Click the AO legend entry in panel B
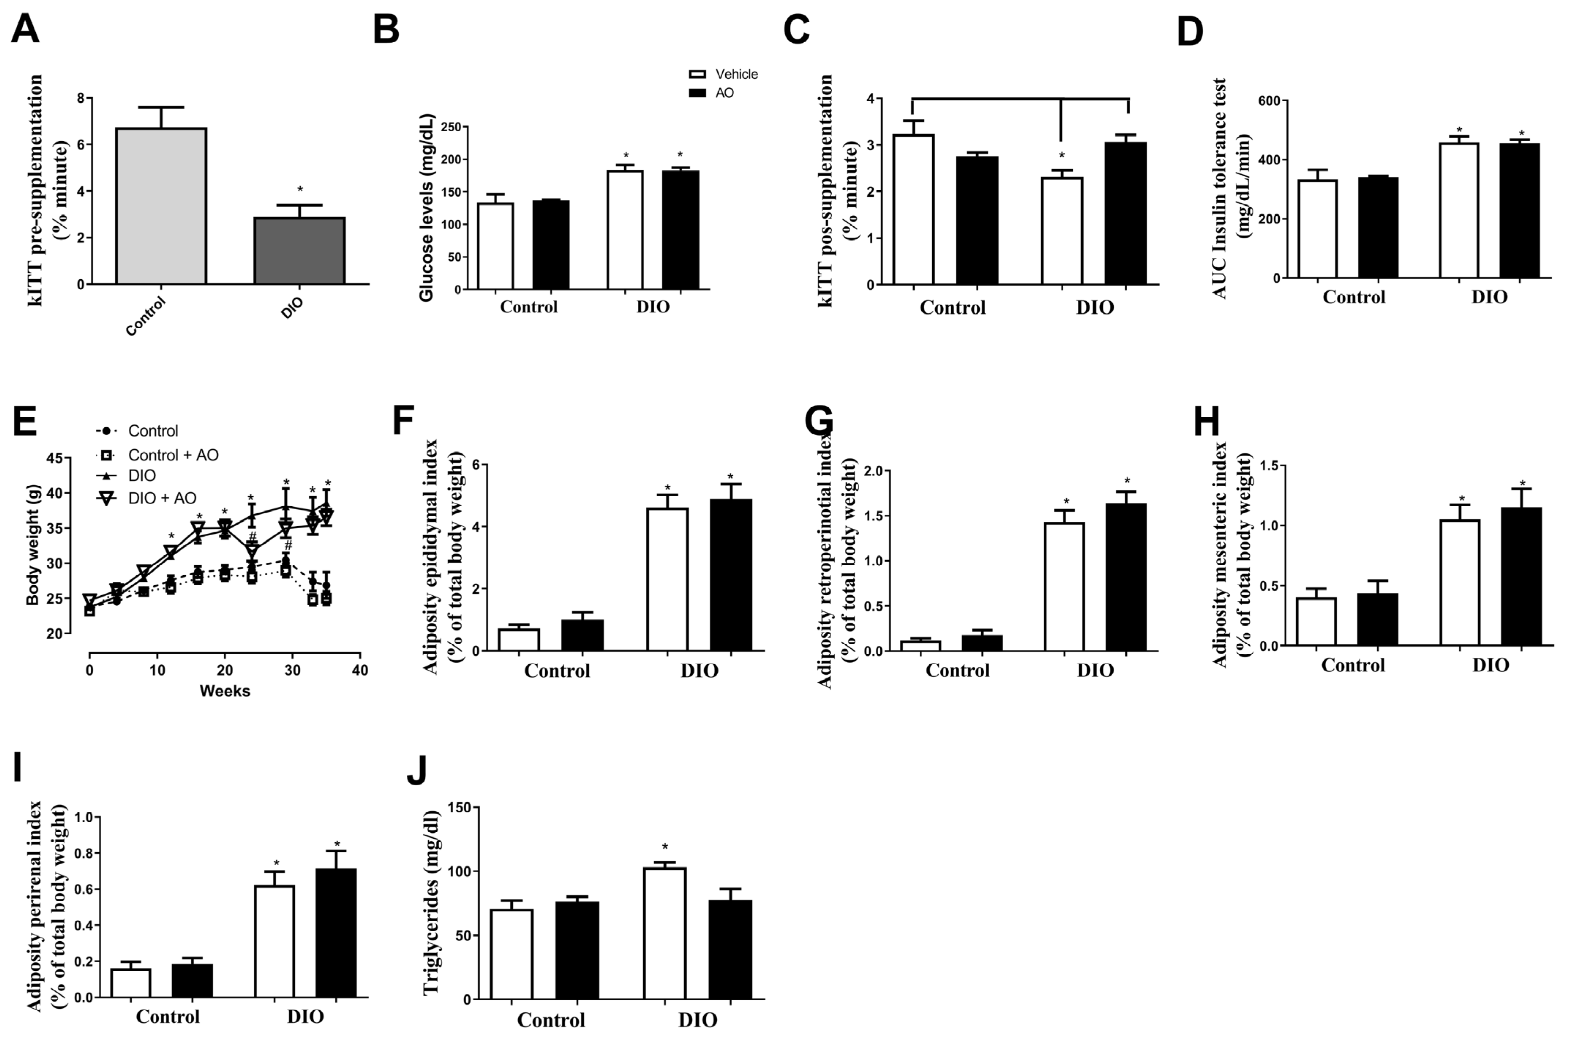click(x=711, y=93)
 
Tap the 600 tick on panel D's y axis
click(x=1269, y=100)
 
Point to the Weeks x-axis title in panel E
click(x=225, y=691)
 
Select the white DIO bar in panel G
click(x=1064, y=586)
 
